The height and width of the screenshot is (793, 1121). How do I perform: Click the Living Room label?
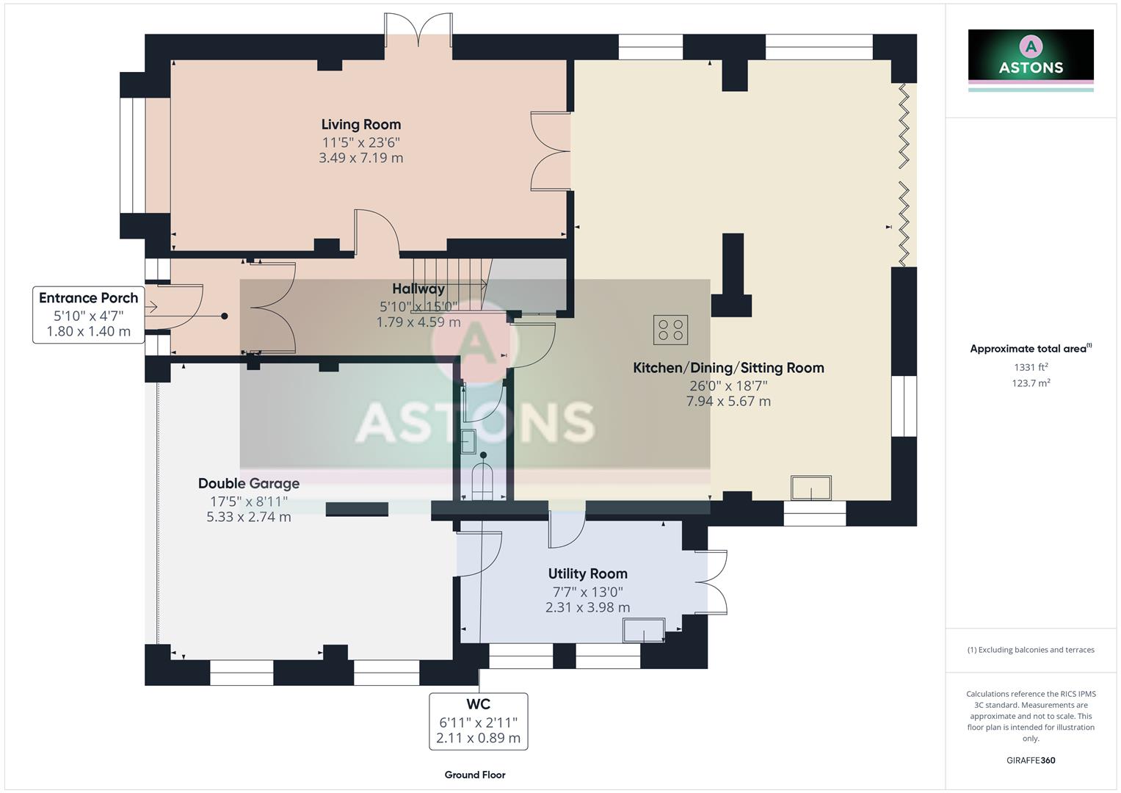pyautogui.click(x=360, y=124)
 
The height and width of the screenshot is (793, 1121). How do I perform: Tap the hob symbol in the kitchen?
pyautogui.click(x=670, y=330)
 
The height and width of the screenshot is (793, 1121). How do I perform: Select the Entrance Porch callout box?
pyautogui.click(x=89, y=315)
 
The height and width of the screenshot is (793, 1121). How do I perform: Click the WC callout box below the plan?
pyautogui.click(x=478, y=721)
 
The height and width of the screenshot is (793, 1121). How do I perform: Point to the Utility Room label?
pyautogui.click(x=587, y=573)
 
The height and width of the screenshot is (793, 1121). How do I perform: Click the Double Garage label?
pyautogui.click(x=249, y=483)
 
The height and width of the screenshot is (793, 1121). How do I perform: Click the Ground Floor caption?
pyautogui.click(x=475, y=775)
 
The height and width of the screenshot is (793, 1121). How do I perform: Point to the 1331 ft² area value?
pyautogui.click(x=1031, y=367)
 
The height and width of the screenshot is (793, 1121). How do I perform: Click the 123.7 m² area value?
pyautogui.click(x=1031, y=383)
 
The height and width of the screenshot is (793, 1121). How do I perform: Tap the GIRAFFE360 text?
pyautogui.click(x=1031, y=760)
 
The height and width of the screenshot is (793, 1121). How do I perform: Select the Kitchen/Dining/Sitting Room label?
pyautogui.click(x=728, y=368)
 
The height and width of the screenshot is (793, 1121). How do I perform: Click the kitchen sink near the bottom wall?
pyautogui.click(x=811, y=488)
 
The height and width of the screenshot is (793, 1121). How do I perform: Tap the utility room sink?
pyautogui.click(x=644, y=630)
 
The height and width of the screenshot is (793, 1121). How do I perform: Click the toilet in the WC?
pyautogui.click(x=483, y=481)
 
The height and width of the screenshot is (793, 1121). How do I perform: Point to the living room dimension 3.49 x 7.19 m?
pyautogui.click(x=360, y=157)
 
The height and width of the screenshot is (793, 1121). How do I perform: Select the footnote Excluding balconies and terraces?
pyautogui.click(x=1031, y=650)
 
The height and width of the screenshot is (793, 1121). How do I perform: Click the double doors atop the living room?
pyautogui.click(x=418, y=33)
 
